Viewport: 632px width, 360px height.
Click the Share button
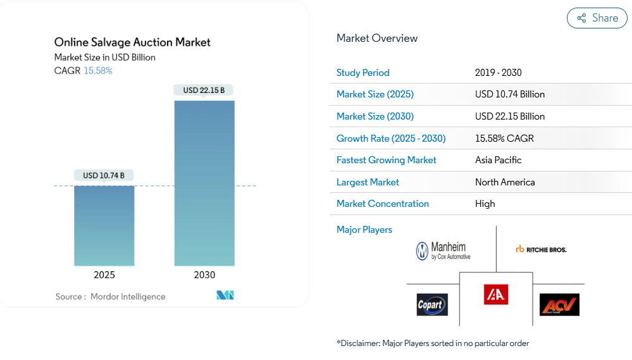597,18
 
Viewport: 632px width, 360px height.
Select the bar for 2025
104,225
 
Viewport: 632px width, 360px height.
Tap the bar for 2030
204,183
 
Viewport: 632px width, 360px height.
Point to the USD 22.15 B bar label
204,90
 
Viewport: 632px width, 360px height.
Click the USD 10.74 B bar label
104,175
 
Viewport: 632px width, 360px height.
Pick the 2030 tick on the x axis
204,275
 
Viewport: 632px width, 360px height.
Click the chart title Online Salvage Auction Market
132,42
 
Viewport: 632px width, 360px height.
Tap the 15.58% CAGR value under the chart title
98,71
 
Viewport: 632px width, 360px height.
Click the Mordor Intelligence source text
127,297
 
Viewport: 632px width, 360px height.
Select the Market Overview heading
377,38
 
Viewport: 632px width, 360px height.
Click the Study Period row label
363,73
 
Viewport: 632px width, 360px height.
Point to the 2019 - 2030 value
499,73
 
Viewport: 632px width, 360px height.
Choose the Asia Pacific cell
499,160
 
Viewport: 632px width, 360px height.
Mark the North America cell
505,182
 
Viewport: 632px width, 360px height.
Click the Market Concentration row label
383,204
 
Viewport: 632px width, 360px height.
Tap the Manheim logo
443,251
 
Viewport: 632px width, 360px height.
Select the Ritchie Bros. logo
541,249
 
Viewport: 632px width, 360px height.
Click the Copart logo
432,304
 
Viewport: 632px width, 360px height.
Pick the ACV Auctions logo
559,304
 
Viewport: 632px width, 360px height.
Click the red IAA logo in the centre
496,294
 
